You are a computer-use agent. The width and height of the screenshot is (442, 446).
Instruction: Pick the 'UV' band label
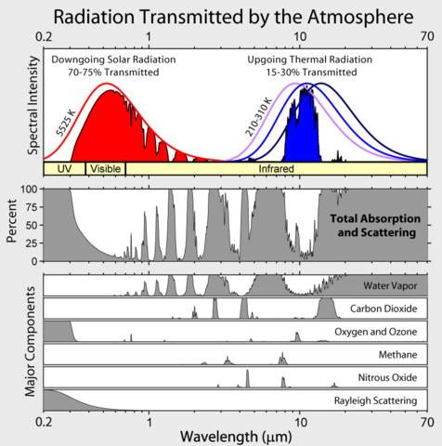click(64, 169)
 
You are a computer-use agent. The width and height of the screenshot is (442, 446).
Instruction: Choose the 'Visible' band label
click(105, 169)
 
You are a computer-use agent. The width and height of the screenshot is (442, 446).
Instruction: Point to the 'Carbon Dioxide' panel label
click(383, 308)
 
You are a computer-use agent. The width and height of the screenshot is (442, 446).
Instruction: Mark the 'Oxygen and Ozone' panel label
click(377, 331)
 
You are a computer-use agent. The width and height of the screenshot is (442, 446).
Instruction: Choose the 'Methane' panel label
click(396, 354)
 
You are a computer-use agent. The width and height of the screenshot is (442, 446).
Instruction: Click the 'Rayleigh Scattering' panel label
click(373, 400)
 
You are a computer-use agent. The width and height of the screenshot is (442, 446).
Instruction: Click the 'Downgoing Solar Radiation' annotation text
click(115, 59)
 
